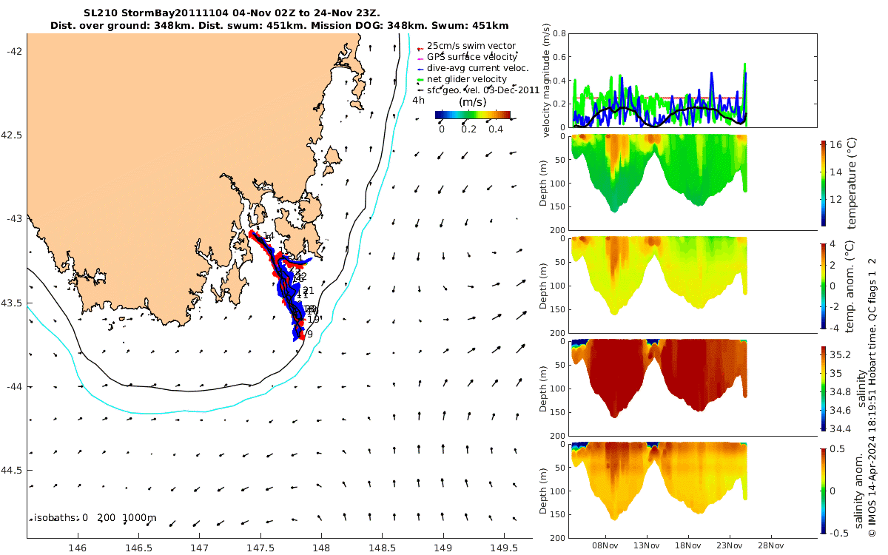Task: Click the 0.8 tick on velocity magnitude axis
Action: [x=559, y=34]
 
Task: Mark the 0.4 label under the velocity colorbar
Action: [x=495, y=129]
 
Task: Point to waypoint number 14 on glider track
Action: [x=268, y=236]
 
